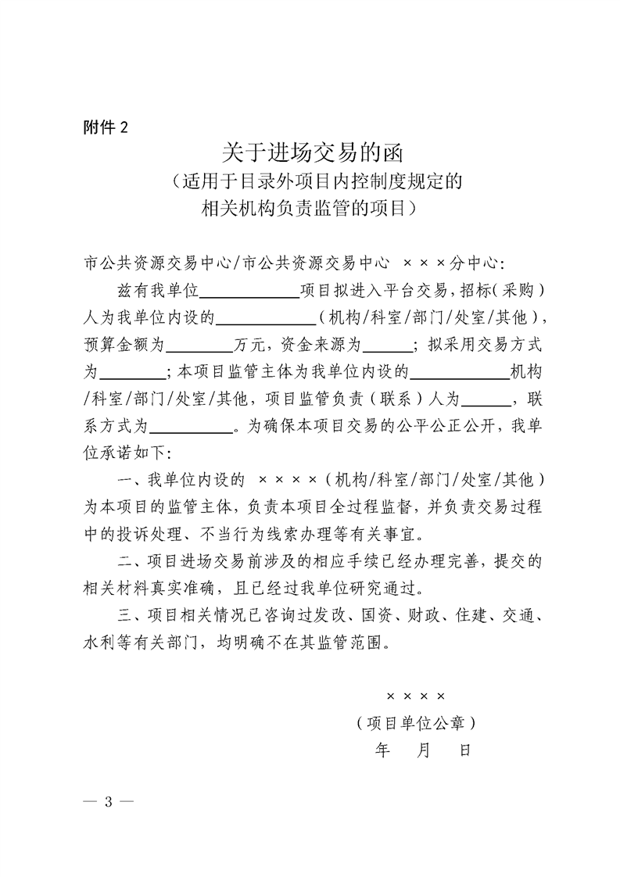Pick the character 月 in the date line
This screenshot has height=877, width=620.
tap(425, 750)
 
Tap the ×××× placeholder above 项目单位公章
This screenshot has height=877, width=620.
tap(415, 695)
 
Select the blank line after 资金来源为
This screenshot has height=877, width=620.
tap(386, 344)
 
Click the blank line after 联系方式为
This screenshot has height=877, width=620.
tap(192, 427)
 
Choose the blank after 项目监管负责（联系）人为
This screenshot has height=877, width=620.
tap(486, 399)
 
